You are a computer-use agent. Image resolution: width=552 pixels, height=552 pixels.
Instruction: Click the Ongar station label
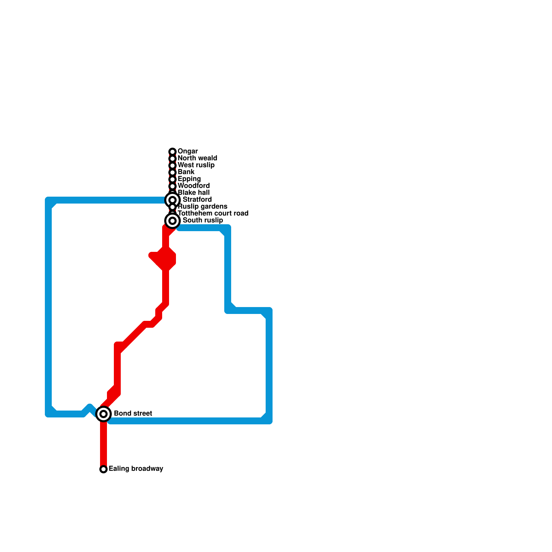click(187, 151)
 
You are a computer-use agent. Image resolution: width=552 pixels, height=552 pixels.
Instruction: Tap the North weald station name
click(197, 158)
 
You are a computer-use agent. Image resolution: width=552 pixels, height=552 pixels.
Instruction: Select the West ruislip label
click(196, 165)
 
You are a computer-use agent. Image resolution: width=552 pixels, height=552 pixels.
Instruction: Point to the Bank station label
click(186, 172)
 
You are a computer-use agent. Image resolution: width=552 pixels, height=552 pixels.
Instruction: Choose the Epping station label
click(189, 179)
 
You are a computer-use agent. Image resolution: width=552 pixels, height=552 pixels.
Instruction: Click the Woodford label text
click(194, 186)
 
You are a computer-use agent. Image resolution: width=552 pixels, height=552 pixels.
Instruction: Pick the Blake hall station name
click(194, 193)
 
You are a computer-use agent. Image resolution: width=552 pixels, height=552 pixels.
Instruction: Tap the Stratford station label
click(197, 200)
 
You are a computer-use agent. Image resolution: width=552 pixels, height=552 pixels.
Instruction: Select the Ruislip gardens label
click(203, 207)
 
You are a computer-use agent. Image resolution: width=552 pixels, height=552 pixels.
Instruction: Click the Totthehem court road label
click(213, 214)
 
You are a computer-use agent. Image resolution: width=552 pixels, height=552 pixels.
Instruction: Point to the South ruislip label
click(203, 220)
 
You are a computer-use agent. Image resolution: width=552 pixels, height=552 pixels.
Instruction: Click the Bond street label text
click(133, 414)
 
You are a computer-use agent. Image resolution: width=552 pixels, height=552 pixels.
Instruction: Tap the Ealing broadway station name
click(136, 469)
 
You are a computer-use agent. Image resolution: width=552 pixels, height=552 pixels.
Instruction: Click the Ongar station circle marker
click(172, 152)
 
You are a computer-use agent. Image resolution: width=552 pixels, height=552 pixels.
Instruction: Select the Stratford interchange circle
click(172, 200)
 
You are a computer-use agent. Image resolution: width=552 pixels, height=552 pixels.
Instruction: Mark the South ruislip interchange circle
click(172, 221)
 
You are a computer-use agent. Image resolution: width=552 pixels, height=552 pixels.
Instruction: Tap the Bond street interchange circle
click(103, 414)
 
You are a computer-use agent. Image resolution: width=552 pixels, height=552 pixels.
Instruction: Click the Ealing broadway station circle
click(103, 469)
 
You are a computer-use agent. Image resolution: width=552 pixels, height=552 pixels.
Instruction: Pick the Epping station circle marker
click(172, 179)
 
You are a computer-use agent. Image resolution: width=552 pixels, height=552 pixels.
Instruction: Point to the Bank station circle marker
click(172, 172)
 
